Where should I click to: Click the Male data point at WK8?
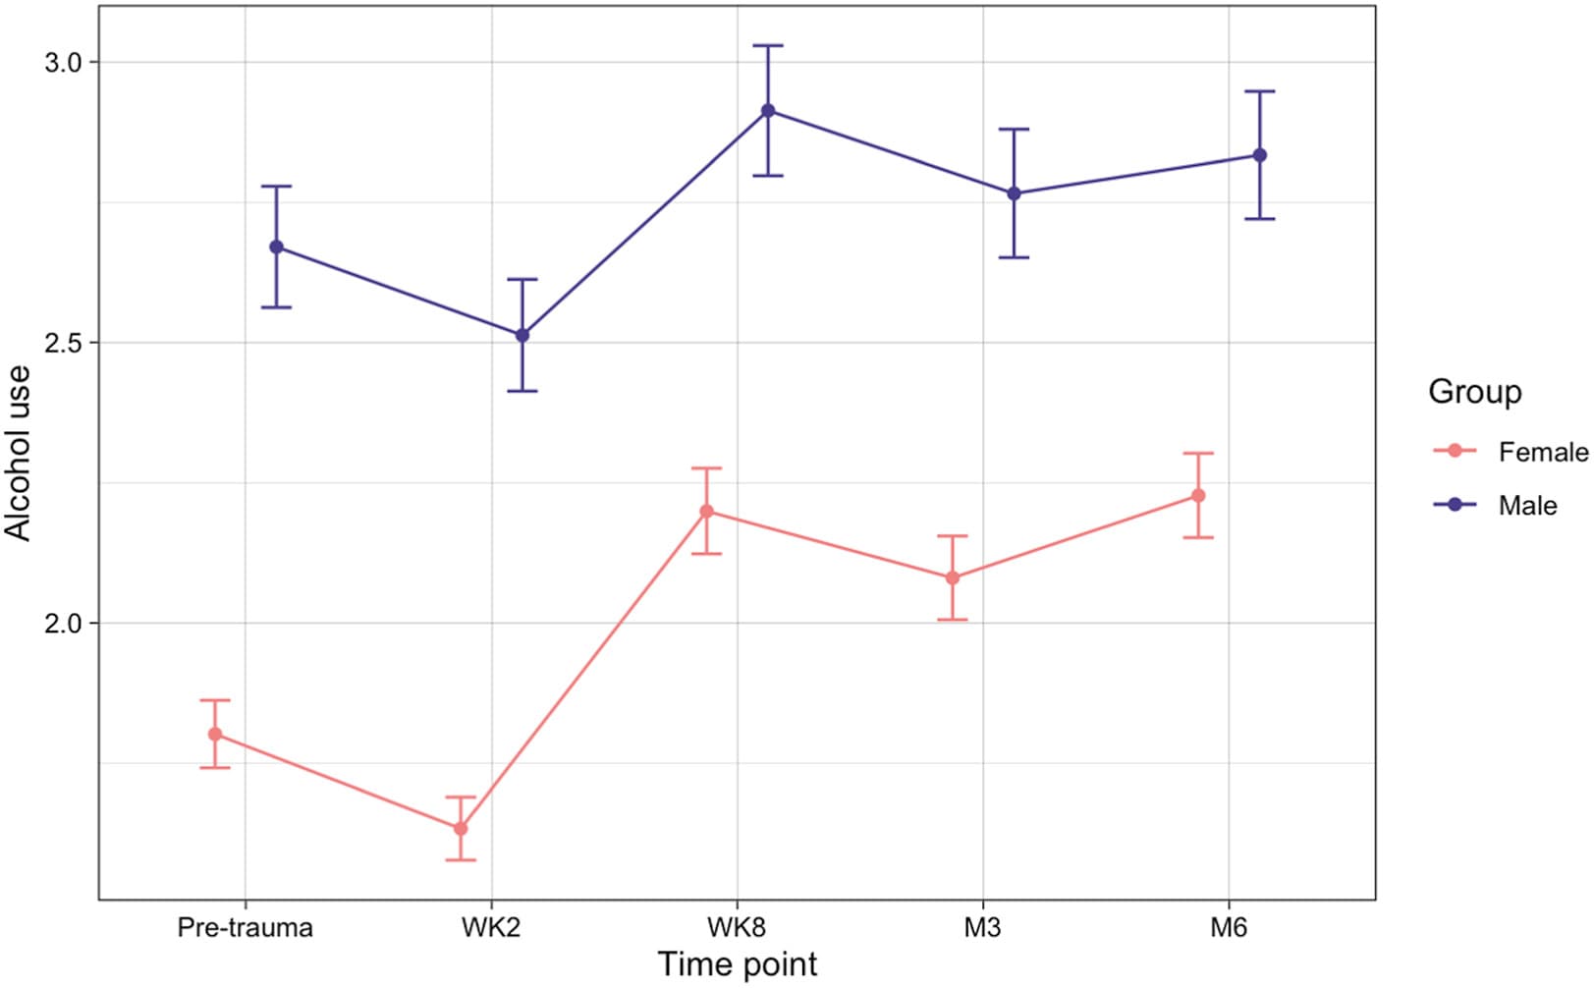(x=768, y=111)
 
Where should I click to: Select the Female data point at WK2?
(x=461, y=829)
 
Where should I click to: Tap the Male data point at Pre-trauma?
(x=276, y=247)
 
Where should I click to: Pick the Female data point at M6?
(x=1198, y=496)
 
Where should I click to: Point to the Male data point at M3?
(x=1015, y=193)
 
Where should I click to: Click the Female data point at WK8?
(x=706, y=512)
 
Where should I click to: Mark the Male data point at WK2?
(x=522, y=335)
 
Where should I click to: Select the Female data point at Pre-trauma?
(x=215, y=734)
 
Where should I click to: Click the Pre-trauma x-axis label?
(x=245, y=928)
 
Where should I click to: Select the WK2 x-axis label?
(x=491, y=928)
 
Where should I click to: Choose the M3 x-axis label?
(x=982, y=928)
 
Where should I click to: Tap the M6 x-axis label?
(x=1229, y=928)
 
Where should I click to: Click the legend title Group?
(x=1474, y=392)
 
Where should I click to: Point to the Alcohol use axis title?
(x=19, y=454)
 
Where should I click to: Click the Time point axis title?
(x=738, y=965)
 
